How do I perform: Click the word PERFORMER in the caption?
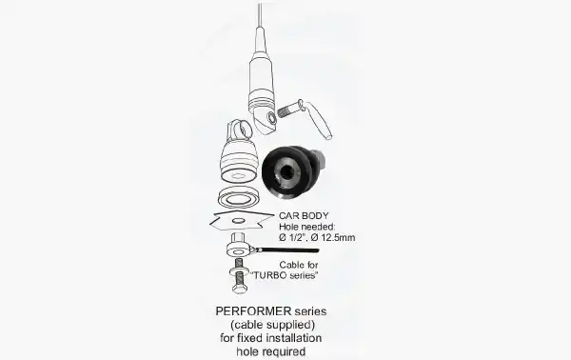coord(253,311)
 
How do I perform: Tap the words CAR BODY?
coord(304,215)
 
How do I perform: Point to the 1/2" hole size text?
coord(294,237)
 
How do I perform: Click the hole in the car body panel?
coord(239,220)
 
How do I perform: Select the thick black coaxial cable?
coord(288,250)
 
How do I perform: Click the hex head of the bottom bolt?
coord(240,290)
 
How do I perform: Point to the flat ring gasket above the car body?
coord(239,197)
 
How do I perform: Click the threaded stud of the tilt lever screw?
coord(286,110)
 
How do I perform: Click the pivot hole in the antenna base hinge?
coord(271,118)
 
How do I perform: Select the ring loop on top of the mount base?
coord(241,130)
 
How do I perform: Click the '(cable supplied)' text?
coord(272,325)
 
